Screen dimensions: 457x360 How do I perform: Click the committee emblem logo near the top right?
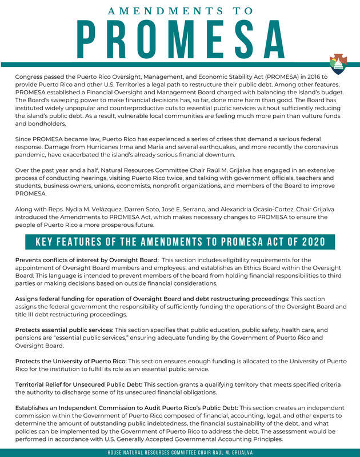click(x=338, y=65)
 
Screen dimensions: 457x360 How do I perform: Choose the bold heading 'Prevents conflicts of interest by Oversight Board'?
click(x=87, y=260)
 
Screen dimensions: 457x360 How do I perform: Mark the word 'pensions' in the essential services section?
click(x=30, y=338)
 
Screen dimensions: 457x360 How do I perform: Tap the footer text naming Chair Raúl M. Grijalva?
click(x=180, y=452)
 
